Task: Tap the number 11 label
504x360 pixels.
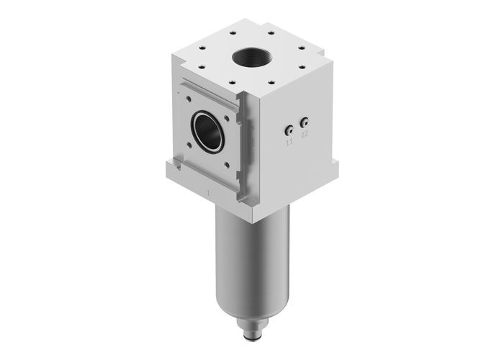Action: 289,144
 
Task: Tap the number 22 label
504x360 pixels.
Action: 305,134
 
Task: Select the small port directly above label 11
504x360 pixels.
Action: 288,130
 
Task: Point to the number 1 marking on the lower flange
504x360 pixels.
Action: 208,193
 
